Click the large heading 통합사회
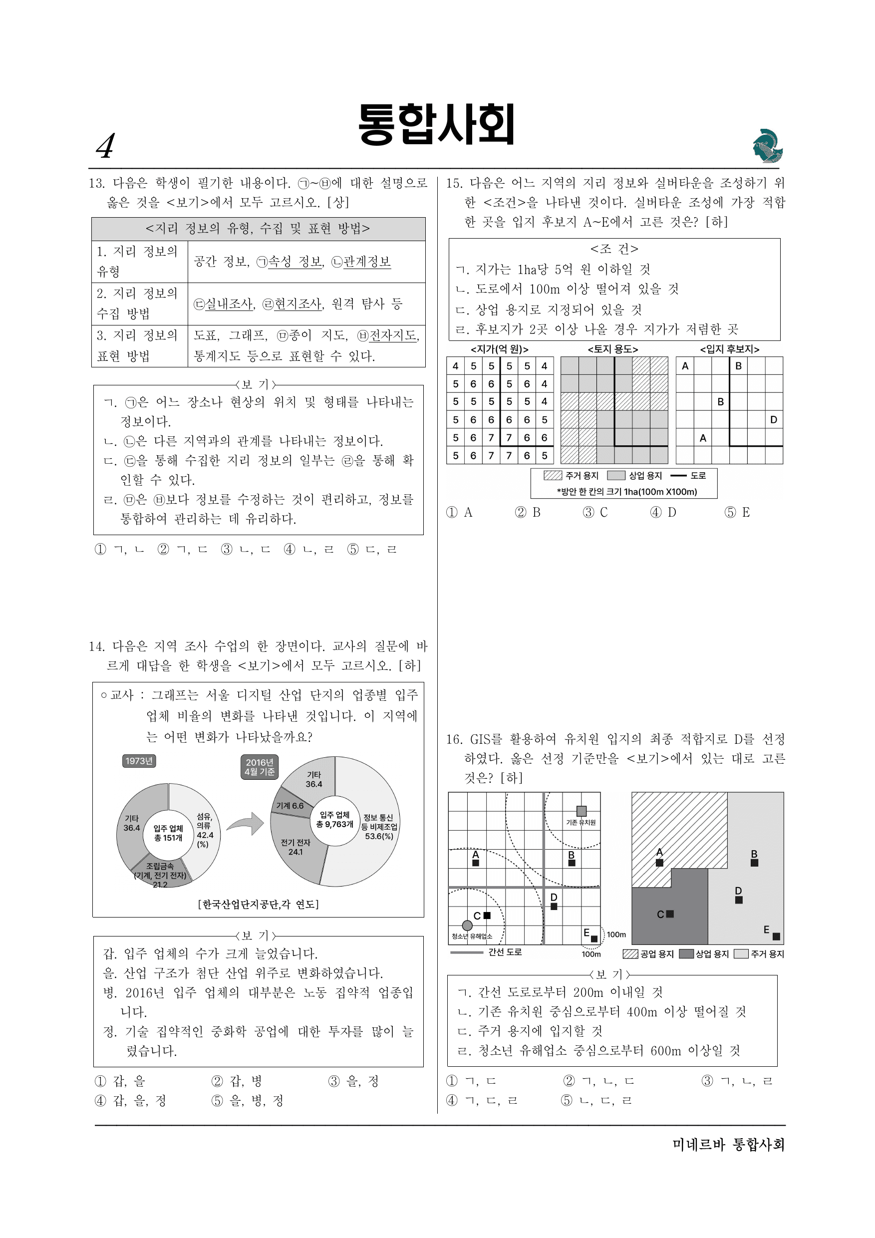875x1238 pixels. [x=437, y=124]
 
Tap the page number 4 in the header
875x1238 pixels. [x=106, y=146]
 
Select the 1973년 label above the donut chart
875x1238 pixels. [x=139, y=761]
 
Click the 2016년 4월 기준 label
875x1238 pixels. [x=260, y=767]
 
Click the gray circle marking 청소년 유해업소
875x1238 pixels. [x=467, y=926]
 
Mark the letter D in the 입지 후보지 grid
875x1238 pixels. [x=774, y=419]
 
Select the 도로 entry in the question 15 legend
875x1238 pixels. [x=687, y=476]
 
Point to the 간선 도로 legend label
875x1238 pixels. [x=505, y=951]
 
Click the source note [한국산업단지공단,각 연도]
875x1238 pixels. [x=258, y=904]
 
